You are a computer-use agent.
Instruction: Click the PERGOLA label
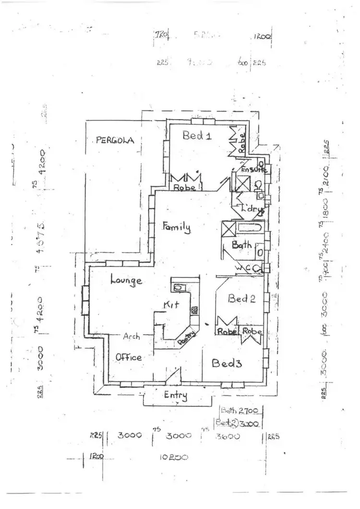pyautogui.click(x=114, y=140)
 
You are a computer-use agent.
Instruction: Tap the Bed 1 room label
pyautogui.click(x=197, y=136)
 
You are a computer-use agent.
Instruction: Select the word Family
pyautogui.click(x=176, y=227)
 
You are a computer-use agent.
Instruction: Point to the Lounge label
pyautogui.click(x=126, y=280)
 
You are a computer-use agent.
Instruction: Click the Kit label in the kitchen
pyautogui.click(x=171, y=305)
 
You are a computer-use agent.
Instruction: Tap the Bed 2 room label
pyautogui.click(x=241, y=299)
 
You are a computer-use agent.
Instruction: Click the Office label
pyautogui.click(x=129, y=357)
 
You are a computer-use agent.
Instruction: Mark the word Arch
pyautogui.click(x=131, y=337)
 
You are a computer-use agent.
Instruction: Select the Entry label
pyautogui.click(x=175, y=395)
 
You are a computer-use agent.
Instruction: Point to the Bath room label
pyautogui.click(x=241, y=245)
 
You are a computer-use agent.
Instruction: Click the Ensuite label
pyautogui.click(x=252, y=170)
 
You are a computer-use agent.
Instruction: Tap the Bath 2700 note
pyautogui.click(x=240, y=411)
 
